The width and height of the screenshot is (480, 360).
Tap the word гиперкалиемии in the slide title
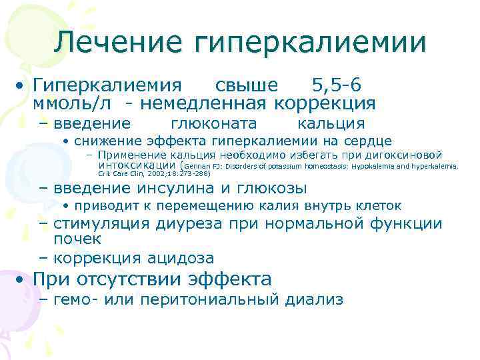tap(310, 43)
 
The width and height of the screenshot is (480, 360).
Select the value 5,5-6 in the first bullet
tap(337, 85)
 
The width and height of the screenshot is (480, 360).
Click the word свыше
tap(247, 85)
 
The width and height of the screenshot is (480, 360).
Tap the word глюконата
tap(214, 123)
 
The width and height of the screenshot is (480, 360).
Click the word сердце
tap(368, 141)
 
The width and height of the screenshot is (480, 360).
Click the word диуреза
tap(189, 224)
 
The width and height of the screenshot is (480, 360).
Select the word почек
tap(77, 238)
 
